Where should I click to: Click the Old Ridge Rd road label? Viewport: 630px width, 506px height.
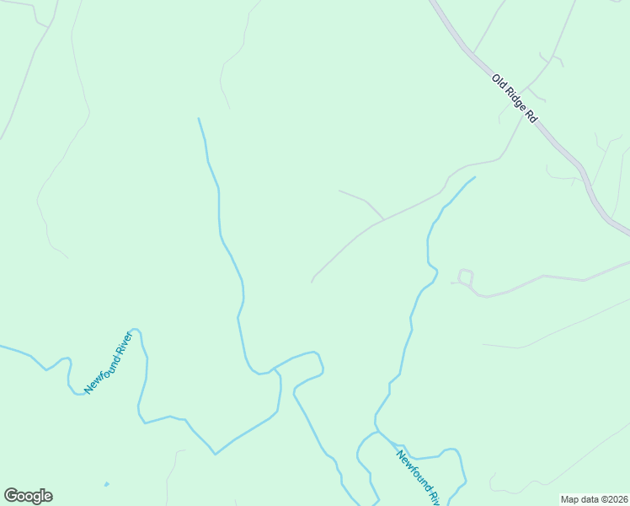tap(515, 99)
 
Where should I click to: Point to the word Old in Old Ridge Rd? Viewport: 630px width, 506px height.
tap(499, 82)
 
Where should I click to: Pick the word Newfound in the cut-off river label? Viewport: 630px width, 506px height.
tap(412, 467)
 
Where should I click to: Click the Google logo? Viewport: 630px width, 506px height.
tap(28, 496)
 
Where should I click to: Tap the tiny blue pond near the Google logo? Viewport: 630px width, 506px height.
tap(106, 484)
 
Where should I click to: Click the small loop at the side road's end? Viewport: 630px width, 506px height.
tap(465, 277)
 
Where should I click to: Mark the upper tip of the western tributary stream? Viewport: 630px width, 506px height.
tap(199, 119)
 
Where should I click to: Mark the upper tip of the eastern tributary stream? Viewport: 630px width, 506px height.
tap(475, 177)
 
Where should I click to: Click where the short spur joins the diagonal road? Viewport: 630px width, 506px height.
tap(384, 219)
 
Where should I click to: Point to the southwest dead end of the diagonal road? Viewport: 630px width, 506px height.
tap(312, 282)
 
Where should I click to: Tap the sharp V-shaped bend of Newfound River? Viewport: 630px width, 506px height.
tap(215, 454)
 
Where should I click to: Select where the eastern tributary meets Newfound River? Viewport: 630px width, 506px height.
tap(377, 431)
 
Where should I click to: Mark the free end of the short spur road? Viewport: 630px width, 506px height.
tap(340, 191)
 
